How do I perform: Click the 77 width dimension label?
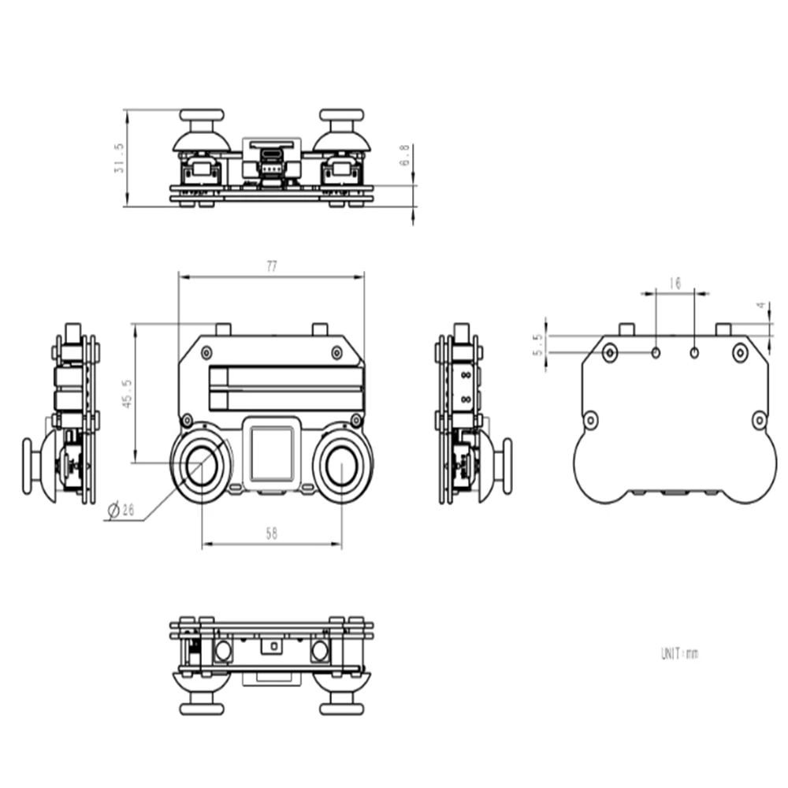pyautogui.click(x=271, y=267)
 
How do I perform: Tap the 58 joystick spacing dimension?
pyautogui.click(x=271, y=533)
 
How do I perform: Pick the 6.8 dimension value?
pyautogui.click(x=405, y=155)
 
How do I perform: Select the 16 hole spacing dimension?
pyautogui.click(x=674, y=283)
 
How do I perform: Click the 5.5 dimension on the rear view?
pyautogui.click(x=539, y=344)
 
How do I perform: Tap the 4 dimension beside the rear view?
pyautogui.click(x=761, y=307)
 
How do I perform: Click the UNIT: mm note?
pyautogui.click(x=678, y=653)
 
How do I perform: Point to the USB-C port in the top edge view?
pyautogui.click(x=272, y=154)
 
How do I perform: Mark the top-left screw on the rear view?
pyautogui.click(x=609, y=352)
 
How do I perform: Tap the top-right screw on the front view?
pyautogui.click(x=336, y=351)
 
